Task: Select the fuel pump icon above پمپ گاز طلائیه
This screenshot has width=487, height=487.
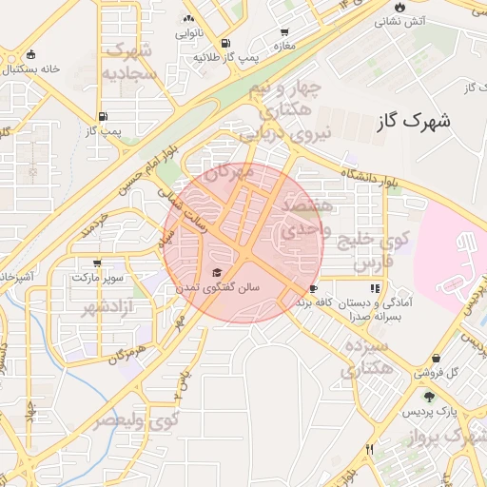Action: point(224,44)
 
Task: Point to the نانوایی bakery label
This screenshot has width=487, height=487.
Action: point(186,33)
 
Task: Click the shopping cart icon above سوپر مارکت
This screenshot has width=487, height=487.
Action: point(96,263)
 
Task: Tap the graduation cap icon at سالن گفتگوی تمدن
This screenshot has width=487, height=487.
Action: point(216,272)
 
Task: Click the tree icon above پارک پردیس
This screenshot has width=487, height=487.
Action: point(429,397)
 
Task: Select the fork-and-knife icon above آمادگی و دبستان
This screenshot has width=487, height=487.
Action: point(375,286)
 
